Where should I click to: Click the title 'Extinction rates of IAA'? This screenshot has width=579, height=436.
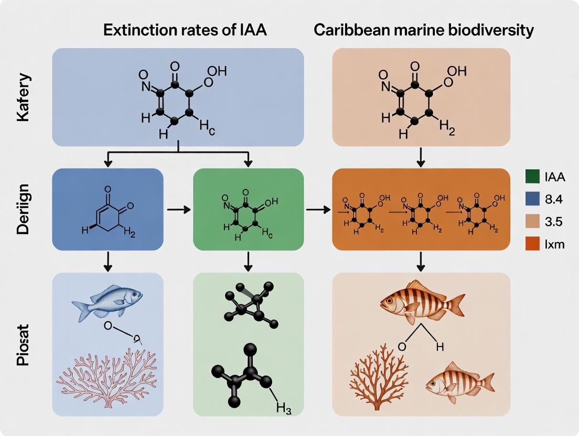click(185, 30)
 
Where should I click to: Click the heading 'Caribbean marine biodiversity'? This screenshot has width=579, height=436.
click(423, 30)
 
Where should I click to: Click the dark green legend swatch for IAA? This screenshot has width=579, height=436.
click(532, 177)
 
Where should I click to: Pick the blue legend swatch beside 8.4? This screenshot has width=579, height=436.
click(532, 199)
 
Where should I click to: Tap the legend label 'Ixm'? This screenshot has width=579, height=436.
click(555, 244)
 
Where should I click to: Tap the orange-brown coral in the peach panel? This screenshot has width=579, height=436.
click(378, 377)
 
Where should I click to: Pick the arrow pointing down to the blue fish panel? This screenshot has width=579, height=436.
click(108, 260)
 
